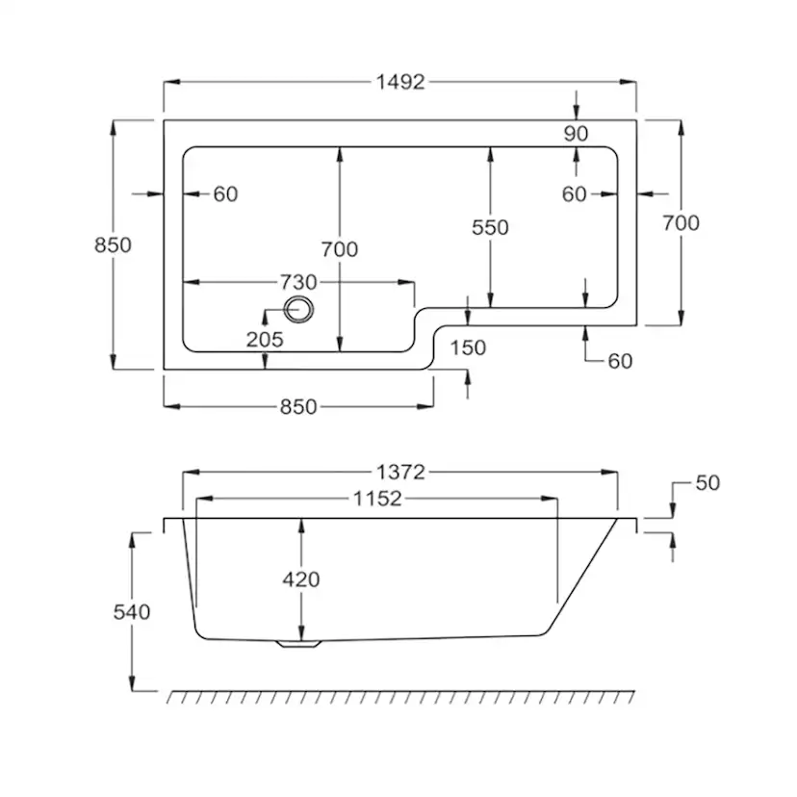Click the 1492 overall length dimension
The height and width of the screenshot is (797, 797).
pyautogui.click(x=400, y=82)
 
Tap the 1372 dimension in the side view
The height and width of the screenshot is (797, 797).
pyautogui.click(x=400, y=473)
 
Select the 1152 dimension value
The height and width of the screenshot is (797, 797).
pyautogui.click(x=377, y=499)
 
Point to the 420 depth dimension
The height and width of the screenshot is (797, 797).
pyautogui.click(x=301, y=579)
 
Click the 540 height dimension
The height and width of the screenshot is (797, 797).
pyautogui.click(x=132, y=612)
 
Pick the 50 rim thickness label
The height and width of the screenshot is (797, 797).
pyautogui.click(x=707, y=483)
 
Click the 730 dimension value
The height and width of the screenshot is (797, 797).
pyautogui.click(x=298, y=282)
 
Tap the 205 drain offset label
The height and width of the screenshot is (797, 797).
pyautogui.click(x=265, y=340)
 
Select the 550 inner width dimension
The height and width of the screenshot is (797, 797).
pyautogui.click(x=490, y=227)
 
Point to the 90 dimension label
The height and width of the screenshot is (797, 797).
pyautogui.click(x=576, y=134)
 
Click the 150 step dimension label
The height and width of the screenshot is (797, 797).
pyautogui.click(x=468, y=348)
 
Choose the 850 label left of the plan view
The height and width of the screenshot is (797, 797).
pyautogui.click(x=113, y=245)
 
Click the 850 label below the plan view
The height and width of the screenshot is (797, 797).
pyautogui.click(x=298, y=406)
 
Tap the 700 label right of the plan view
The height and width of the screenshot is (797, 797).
pyautogui.click(x=681, y=222)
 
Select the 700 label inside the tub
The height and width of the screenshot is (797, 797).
pyautogui.click(x=340, y=249)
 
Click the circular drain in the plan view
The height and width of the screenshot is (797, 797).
pyautogui.click(x=298, y=310)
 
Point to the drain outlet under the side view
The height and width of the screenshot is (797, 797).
pyautogui.click(x=298, y=644)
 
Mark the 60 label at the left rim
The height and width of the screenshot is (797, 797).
pyautogui.click(x=225, y=194)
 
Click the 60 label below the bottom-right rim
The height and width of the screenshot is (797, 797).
pyautogui.click(x=620, y=361)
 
